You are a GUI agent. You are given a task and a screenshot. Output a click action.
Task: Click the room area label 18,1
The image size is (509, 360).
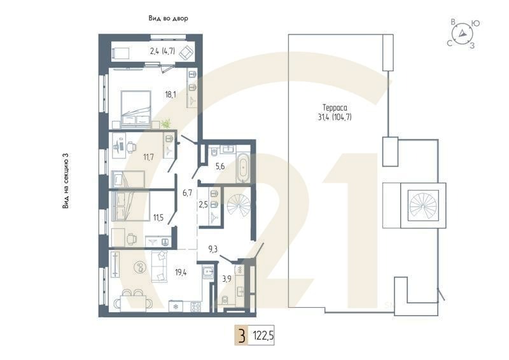click(170, 94)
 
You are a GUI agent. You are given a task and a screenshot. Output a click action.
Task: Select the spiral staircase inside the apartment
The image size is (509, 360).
click(240, 207)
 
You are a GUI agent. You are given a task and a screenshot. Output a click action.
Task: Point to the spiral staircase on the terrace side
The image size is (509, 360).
click(423, 205)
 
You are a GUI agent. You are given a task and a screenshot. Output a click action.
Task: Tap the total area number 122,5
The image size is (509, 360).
click(267, 335)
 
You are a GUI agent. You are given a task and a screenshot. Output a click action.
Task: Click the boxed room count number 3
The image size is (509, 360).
click(241, 335)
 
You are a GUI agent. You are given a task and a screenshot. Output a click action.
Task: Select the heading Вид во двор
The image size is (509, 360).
click(169, 19)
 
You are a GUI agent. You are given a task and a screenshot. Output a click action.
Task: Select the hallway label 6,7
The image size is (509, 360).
click(187, 192)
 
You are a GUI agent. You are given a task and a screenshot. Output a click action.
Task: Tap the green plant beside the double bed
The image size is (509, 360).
click(165, 123)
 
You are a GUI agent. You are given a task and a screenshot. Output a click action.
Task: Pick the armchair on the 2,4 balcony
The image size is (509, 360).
click(186, 52)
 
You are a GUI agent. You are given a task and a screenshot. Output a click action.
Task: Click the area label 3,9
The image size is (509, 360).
click(227, 277)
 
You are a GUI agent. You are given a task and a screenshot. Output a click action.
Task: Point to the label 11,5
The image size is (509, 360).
click(158, 218)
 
